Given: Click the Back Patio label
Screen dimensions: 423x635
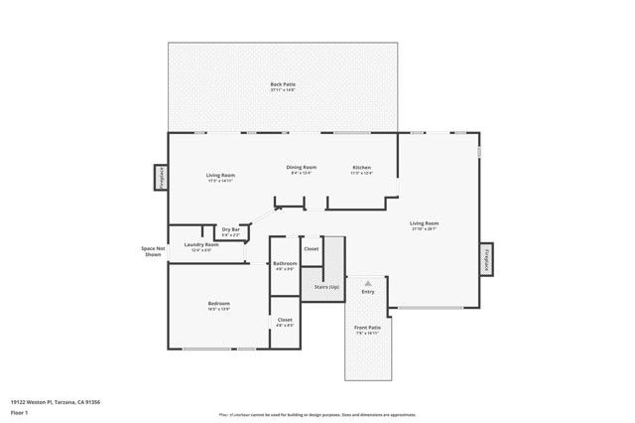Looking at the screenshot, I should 283,85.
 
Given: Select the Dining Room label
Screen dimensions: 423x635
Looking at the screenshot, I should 302,168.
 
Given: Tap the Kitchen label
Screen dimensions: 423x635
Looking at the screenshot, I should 362,168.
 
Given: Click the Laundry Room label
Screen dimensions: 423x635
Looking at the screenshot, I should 201,245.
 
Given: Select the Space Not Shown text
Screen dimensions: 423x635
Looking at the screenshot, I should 153,252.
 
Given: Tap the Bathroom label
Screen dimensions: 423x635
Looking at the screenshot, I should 286,264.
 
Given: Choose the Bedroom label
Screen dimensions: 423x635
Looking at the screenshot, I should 219,304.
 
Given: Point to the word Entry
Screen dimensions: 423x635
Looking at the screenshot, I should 368,292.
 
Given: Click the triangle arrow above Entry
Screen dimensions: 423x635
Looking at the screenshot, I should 368,283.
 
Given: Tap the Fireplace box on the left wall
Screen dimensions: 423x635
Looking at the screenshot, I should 160,177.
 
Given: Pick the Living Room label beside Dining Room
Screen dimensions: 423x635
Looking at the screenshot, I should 220,176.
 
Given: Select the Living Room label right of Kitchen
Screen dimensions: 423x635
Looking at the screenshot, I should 425,224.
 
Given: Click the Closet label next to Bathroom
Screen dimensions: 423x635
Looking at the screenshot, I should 311,248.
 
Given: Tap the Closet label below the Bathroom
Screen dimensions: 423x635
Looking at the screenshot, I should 285,320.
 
